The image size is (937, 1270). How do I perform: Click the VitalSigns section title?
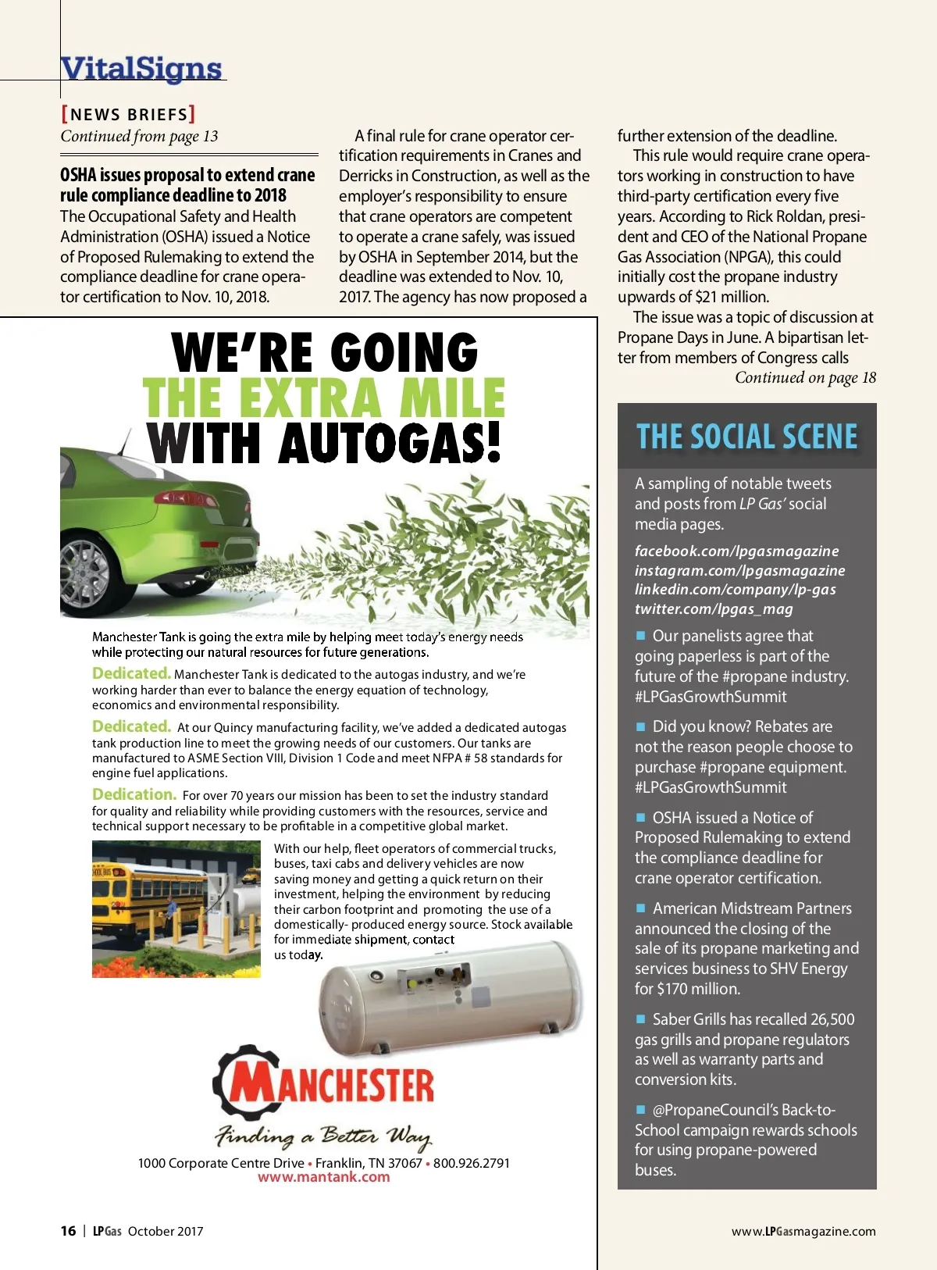(x=141, y=68)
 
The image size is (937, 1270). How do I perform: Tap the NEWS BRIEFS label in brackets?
(x=128, y=114)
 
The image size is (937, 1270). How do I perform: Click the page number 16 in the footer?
(x=68, y=1231)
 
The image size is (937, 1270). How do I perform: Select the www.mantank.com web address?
(x=323, y=1177)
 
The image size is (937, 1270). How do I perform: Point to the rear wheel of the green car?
(x=85, y=570)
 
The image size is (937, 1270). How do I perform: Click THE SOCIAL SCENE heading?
(x=746, y=436)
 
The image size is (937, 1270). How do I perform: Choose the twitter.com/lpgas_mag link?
(x=714, y=608)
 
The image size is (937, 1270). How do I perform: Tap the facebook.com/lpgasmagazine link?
(x=736, y=551)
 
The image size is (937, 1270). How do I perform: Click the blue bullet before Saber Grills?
(x=641, y=1018)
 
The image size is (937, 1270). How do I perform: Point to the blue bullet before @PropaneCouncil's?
(x=641, y=1109)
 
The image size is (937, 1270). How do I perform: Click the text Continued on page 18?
(x=805, y=378)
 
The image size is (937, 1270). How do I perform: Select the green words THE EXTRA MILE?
(x=324, y=398)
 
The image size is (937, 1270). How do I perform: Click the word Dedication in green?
(x=134, y=794)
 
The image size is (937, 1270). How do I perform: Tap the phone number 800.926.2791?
(x=472, y=1163)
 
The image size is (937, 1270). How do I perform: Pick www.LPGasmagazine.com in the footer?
(x=803, y=1231)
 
